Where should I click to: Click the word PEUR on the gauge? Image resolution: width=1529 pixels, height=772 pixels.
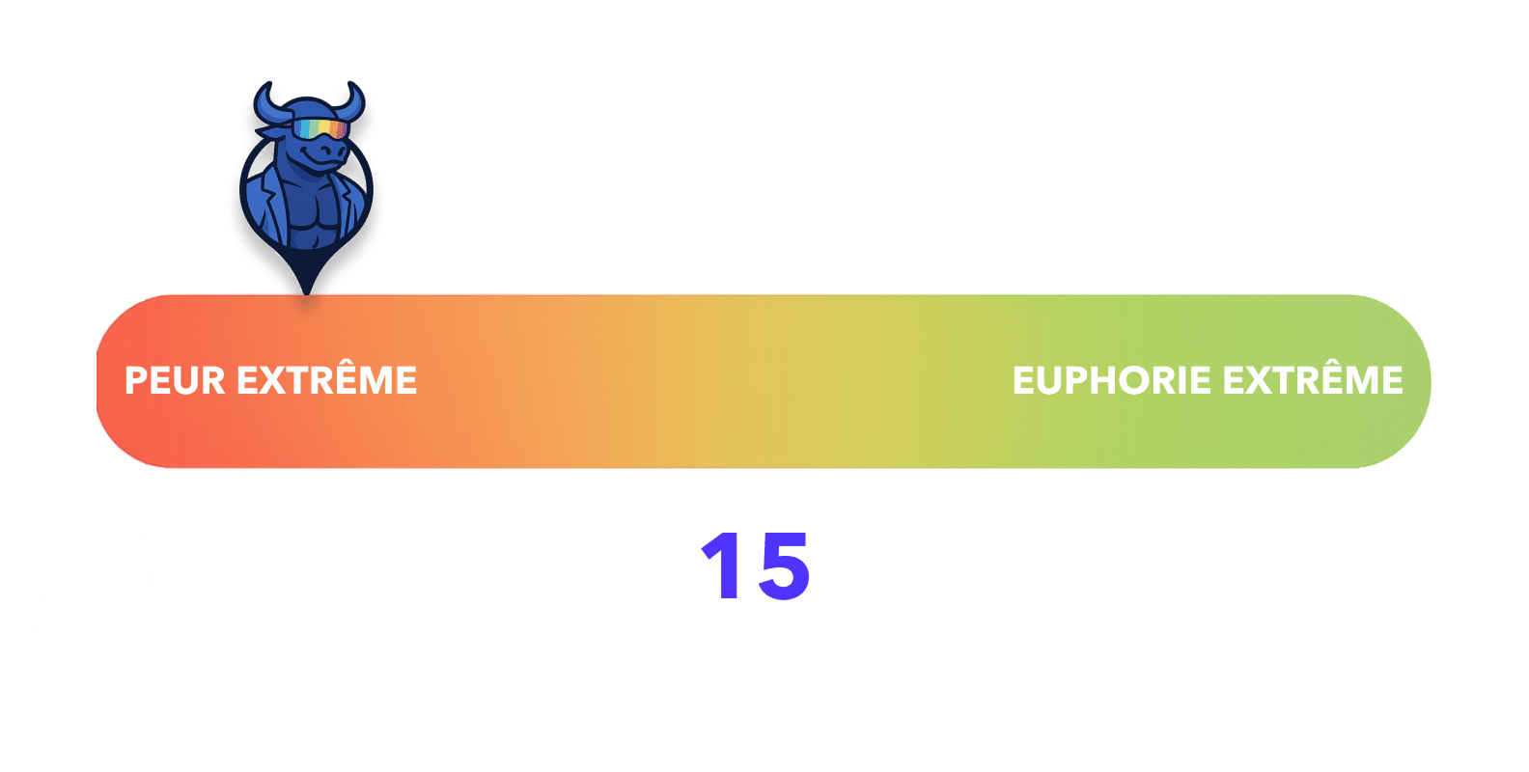tap(177, 380)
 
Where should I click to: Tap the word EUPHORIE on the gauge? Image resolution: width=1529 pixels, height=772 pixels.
tap(1112, 380)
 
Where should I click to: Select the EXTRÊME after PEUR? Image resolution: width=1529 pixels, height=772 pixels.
tap(327, 380)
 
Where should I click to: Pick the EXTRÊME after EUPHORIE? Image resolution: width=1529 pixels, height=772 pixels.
tap(1313, 380)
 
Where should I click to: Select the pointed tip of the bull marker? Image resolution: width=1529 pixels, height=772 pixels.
tap(306, 289)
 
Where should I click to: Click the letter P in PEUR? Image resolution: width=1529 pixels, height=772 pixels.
tap(136, 380)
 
